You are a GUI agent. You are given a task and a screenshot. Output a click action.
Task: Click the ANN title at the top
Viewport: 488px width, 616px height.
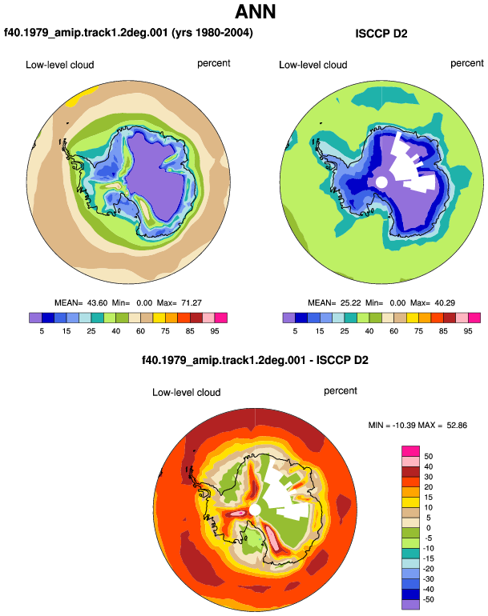[x=256, y=11]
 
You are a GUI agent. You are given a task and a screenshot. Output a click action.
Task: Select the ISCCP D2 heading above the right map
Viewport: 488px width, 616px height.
[x=381, y=34]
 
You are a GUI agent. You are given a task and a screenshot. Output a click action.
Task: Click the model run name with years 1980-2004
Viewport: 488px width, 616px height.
[x=128, y=33]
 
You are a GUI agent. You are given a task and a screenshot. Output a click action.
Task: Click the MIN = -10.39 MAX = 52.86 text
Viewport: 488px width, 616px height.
[x=417, y=425]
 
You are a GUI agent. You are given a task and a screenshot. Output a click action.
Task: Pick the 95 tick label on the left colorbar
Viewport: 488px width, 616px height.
[x=215, y=331]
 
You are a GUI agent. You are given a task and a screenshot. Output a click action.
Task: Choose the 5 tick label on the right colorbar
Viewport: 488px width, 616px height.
[x=295, y=331]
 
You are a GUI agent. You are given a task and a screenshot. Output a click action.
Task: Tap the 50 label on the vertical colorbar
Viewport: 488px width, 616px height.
[x=428, y=457]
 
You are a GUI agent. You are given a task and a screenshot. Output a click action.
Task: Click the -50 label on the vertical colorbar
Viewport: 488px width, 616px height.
[x=428, y=599]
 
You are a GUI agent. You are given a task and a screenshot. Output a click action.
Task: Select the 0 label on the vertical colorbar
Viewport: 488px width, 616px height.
[x=429, y=528]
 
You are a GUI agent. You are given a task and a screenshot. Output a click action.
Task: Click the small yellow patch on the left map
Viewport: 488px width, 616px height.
[x=82, y=97]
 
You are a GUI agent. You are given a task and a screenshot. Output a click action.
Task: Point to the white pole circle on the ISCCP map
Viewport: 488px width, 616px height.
[x=381, y=182]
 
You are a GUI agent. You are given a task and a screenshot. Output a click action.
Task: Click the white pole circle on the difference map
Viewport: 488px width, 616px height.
[x=255, y=510]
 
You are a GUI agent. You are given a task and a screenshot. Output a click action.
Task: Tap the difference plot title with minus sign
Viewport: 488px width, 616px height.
[x=255, y=360]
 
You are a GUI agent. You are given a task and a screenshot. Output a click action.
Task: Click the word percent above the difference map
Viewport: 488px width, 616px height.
[x=341, y=391]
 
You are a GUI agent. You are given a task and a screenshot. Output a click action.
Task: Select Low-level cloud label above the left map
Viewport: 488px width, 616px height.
[x=60, y=65]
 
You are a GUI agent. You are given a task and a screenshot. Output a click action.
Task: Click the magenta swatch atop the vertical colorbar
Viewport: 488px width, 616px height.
[x=410, y=451]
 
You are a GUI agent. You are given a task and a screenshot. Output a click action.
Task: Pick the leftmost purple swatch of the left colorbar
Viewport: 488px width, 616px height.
[x=35, y=318]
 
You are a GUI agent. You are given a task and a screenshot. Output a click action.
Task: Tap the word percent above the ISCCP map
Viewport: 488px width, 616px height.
[x=467, y=64]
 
